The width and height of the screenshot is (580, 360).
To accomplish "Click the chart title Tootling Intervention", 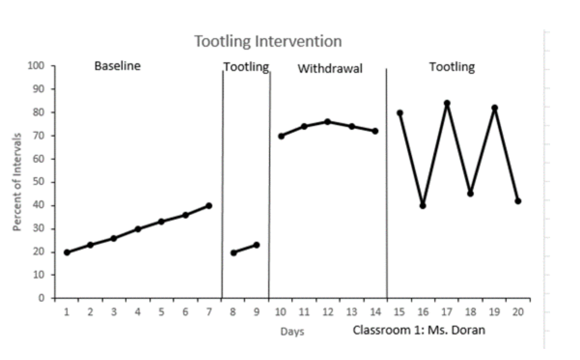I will pyautogui.click(x=268, y=41).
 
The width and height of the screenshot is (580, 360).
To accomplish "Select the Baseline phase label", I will pyautogui.click(x=117, y=66).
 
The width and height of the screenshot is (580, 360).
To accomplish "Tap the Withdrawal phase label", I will pyautogui.click(x=330, y=69).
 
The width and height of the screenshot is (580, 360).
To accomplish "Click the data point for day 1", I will pyautogui.click(x=67, y=252).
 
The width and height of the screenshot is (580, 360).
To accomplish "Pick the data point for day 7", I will pyautogui.click(x=209, y=206).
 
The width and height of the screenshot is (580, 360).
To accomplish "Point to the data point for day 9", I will pyautogui.click(x=256, y=245).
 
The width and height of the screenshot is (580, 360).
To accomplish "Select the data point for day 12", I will pyautogui.click(x=328, y=122).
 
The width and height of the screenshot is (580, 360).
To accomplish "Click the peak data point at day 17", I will pyautogui.click(x=447, y=103).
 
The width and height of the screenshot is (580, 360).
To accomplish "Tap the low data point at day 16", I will pyautogui.click(x=423, y=206).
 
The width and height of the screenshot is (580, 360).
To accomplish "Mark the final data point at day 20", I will pyautogui.click(x=518, y=201).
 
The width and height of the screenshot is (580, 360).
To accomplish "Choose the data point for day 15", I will pyautogui.click(x=400, y=113).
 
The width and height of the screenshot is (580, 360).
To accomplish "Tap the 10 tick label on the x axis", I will pyautogui.click(x=280, y=312).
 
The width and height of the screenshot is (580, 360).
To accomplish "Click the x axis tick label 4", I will pyautogui.click(x=138, y=312).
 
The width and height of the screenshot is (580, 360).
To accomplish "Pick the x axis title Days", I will pyautogui.click(x=292, y=332).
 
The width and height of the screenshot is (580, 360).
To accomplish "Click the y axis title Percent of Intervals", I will pyautogui.click(x=17, y=182).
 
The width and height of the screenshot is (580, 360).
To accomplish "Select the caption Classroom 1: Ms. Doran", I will pyautogui.click(x=418, y=331).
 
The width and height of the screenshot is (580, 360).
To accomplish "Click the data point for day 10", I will pyautogui.click(x=281, y=136).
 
